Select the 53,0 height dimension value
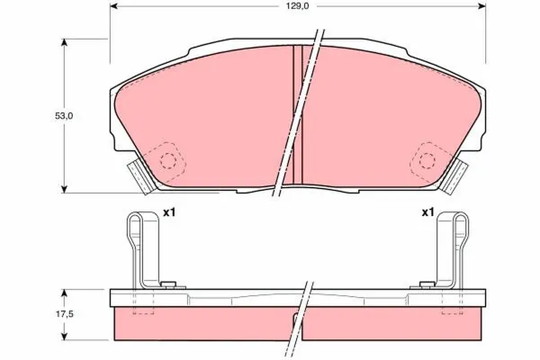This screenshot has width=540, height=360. pyautogui.click(x=54, y=115)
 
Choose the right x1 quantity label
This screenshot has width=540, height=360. pyautogui.click(x=428, y=213)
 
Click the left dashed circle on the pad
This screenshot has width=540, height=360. pyautogui.click(x=166, y=160)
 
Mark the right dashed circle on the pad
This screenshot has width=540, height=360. pyautogui.click(x=426, y=160)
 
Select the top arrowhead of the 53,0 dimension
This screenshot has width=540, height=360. pyautogui.click(x=65, y=43)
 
